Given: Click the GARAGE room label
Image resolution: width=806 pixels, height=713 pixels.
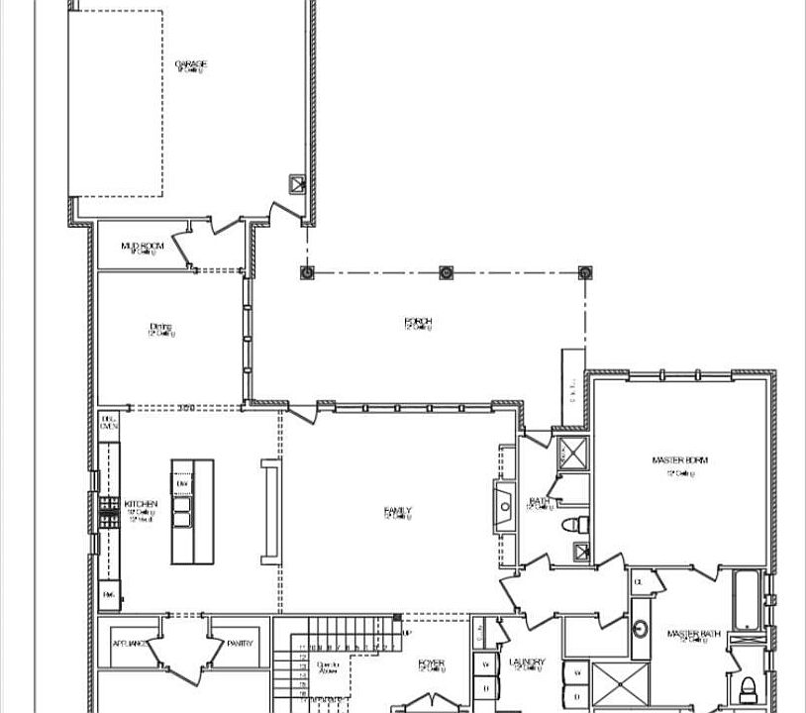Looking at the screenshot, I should pyautogui.click(x=191, y=65).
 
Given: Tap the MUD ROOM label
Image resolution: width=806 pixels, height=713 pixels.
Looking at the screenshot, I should pyautogui.click(x=143, y=246).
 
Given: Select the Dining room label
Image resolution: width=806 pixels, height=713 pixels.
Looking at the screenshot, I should pyautogui.click(x=161, y=327).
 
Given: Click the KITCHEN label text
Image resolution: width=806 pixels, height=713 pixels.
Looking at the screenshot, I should pyautogui.click(x=141, y=504).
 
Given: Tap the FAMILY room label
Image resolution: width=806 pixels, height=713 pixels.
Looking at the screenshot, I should pyautogui.click(x=397, y=511).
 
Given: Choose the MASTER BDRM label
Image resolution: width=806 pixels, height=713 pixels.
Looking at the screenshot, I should pyautogui.click(x=680, y=460).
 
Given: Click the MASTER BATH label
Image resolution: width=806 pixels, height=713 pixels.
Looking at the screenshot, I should pyautogui.click(x=690, y=634).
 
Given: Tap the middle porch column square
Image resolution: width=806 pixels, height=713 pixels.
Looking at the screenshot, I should pyautogui.click(x=446, y=271).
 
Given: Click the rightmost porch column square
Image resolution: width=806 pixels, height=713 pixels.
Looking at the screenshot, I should pyautogui.click(x=584, y=271).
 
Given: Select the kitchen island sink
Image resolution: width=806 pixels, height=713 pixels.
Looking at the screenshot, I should pyautogui.click(x=182, y=512).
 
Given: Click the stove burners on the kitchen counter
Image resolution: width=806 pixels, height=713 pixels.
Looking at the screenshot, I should pyautogui.click(x=108, y=509).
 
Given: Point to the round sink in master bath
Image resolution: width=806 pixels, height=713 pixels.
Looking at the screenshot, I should pyautogui.click(x=640, y=628).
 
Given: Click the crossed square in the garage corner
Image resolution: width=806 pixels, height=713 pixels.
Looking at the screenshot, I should pyautogui.click(x=296, y=183).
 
